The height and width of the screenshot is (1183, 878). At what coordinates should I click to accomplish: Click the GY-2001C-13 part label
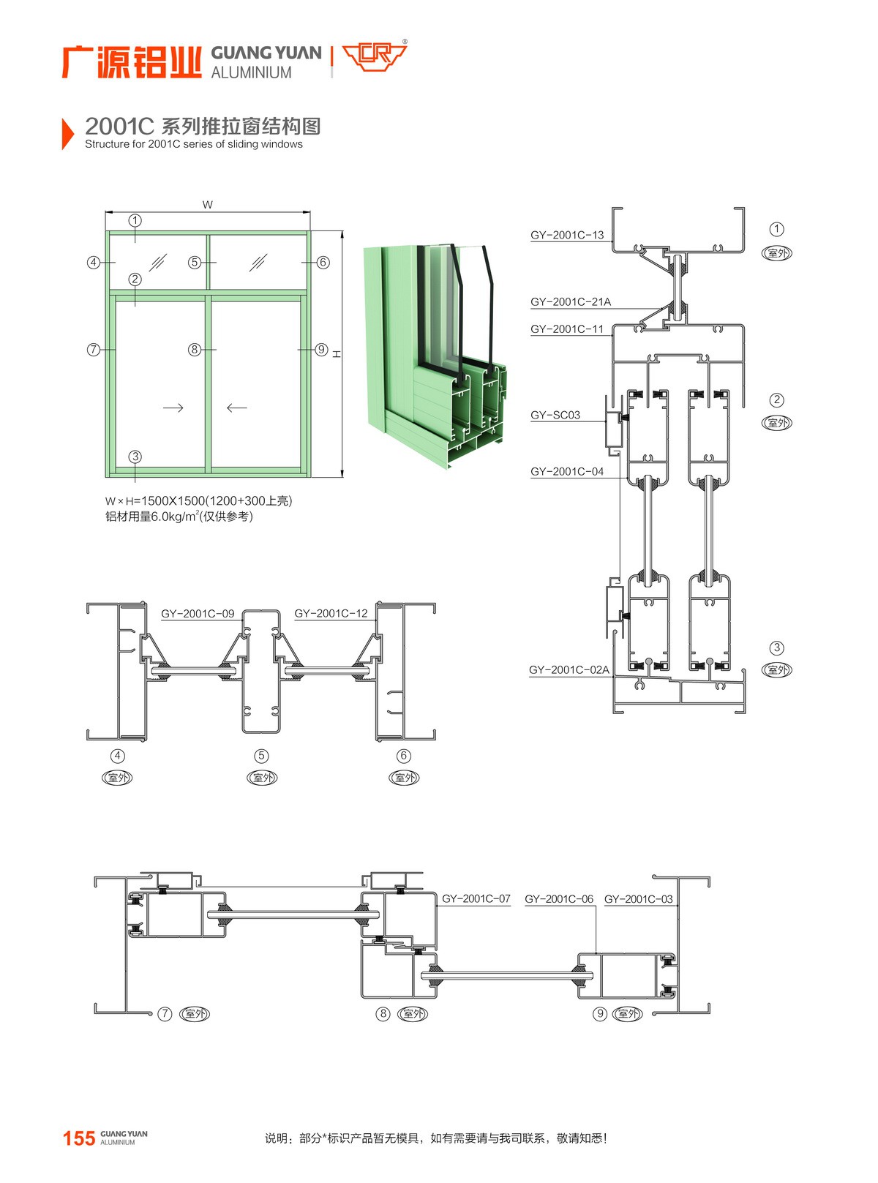567,235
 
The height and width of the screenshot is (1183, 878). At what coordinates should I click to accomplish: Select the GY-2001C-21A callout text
570,301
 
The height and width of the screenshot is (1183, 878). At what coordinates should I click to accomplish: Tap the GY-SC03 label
555,415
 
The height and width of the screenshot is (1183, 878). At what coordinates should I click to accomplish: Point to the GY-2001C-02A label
569,669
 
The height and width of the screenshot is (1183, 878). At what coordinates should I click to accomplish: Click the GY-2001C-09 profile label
198,613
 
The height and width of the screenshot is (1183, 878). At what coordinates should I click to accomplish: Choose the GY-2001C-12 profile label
331,613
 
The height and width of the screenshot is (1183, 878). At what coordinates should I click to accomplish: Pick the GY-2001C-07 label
476,898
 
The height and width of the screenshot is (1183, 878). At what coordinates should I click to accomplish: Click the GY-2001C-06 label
558,898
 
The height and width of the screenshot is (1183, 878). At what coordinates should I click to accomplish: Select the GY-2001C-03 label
638,898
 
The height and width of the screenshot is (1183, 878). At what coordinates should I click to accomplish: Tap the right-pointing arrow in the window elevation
173,408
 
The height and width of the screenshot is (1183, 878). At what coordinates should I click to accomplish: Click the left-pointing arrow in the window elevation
236,408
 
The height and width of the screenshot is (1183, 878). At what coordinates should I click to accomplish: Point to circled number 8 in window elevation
195,350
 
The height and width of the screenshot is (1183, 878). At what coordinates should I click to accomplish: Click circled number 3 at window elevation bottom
135,457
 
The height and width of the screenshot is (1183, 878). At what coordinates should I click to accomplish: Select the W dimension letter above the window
208,205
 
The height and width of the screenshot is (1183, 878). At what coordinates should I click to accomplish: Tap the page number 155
79,1138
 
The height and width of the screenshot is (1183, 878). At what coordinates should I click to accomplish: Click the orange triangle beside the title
67,133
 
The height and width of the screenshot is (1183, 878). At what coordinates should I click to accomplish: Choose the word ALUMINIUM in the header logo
251,72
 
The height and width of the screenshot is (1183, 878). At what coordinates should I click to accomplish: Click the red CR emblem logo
374,56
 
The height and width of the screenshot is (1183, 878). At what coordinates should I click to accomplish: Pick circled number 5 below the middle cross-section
261,756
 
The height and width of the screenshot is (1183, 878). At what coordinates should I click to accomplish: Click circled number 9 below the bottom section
600,1013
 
